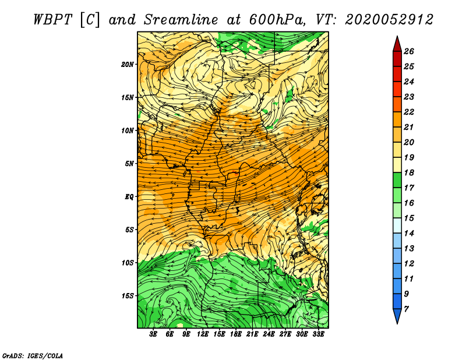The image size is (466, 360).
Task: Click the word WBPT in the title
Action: (52, 20)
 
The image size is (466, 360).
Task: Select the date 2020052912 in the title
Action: (389, 20)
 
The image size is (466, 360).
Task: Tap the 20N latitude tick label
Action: (128, 65)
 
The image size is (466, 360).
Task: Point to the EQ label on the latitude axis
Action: (129, 197)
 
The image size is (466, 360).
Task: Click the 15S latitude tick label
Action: (128, 296)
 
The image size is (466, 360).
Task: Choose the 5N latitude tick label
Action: (129, 164)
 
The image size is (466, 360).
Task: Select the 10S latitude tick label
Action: (128, 263)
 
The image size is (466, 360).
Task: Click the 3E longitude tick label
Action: (153, 334)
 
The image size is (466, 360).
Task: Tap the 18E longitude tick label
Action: (236, 334)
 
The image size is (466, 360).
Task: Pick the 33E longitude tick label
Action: (318, 334)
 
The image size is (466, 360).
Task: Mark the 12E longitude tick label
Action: (203, 334)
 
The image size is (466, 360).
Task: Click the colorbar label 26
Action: (409, 51)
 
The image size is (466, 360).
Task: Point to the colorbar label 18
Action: (409, 172)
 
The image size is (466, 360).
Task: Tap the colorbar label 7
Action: (406, 309)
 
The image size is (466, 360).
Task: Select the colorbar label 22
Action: (409, 112)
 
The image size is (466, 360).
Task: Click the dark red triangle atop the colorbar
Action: (397, 45)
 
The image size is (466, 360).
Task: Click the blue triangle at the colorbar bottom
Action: (397, 315)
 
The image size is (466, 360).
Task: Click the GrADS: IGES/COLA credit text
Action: (33, 356)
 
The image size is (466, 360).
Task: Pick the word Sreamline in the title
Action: (181, 20)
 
